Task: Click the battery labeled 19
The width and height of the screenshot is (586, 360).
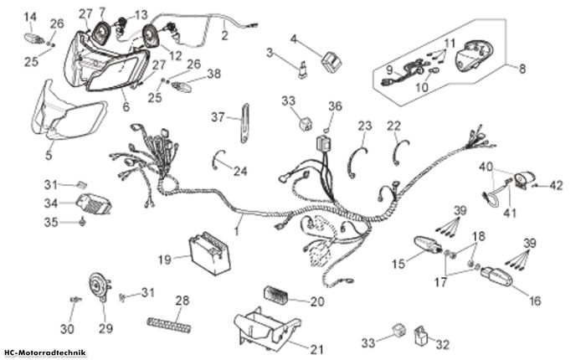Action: point(209,253)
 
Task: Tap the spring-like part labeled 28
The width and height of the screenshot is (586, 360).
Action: point(168,324)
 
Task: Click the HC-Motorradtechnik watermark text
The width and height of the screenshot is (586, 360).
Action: point(45,352)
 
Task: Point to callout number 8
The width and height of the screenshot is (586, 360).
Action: point(522,69)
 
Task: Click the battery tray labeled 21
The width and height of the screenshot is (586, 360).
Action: point(266,328)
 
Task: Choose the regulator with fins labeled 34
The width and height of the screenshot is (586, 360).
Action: point(94,204)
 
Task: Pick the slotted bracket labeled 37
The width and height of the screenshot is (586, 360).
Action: point(244,123)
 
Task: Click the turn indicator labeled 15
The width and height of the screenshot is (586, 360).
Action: point(428,244)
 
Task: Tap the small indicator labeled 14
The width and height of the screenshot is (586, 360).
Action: point(34,39)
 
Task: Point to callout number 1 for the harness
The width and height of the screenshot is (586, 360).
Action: point(237,231)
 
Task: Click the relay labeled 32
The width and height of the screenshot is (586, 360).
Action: point(422,336)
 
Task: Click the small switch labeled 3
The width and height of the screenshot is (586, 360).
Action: point(302,69)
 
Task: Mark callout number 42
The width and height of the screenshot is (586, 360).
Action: point(557,185)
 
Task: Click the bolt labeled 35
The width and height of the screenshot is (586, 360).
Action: point(83,222)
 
